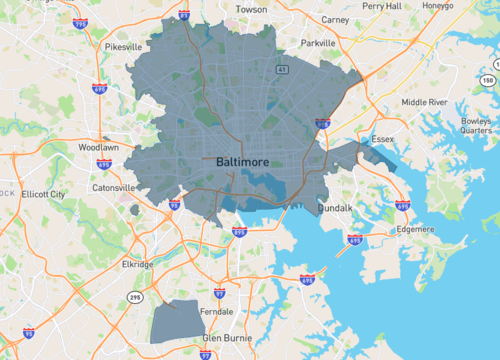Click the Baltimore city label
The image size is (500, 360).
point(241,160)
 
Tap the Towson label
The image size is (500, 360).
point(250,9)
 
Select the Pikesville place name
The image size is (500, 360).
point(122,46)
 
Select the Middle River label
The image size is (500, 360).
point(427,102)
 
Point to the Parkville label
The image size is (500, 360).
point(317,43)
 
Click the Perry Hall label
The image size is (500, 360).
point(385,6)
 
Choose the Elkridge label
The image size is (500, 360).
point(137,264)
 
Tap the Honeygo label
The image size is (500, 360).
point(438,6)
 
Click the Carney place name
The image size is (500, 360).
point(335,18)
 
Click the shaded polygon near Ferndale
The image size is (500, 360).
point(176,319)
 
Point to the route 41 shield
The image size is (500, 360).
point(283,70)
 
